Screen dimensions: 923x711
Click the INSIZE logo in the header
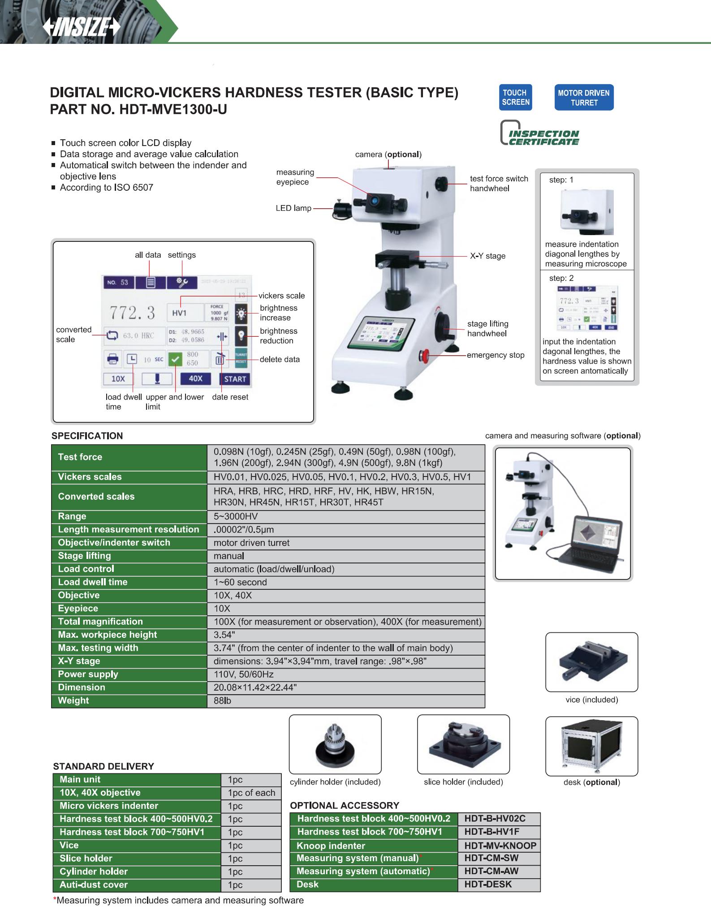click(82, 28)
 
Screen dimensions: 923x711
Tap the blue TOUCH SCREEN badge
click(516, 98)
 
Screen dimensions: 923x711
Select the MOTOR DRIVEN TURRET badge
click(583, 98)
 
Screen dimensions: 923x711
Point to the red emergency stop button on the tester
click(424, 356)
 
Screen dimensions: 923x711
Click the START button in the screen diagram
click(235, 379)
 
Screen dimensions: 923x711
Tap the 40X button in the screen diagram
click(195, 379)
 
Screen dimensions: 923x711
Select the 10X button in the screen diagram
click(118, 379)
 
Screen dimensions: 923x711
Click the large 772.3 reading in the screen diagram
click(133, 313)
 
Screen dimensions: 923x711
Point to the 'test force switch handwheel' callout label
click(499, 184)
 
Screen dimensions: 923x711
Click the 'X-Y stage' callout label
click(487, 256)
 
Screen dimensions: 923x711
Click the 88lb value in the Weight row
click(222, 700)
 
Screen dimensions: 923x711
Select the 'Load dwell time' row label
click(93, 582)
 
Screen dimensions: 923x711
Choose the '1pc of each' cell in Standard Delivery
click(251, 793)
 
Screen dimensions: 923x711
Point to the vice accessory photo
click(591, 662)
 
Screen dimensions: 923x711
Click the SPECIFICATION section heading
click(87, 436)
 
